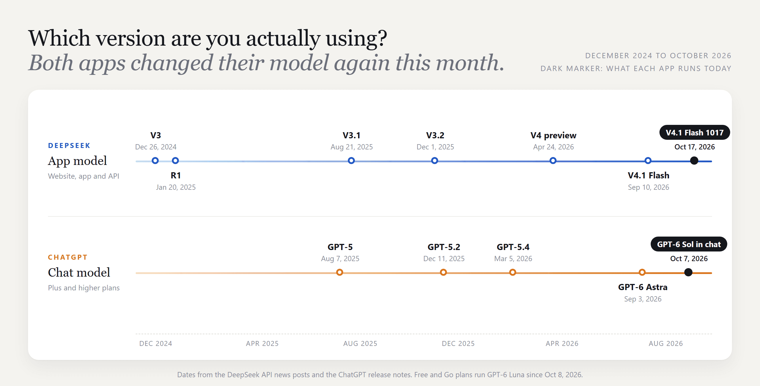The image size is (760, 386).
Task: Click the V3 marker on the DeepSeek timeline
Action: (155, 161)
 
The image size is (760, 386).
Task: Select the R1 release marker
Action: (175, 161)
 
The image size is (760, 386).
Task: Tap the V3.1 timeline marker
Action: (351, 161)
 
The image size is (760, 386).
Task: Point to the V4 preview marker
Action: (553, 161)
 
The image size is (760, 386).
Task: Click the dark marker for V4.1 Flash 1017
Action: (694, 161)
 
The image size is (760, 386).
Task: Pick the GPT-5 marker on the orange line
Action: (340, 272)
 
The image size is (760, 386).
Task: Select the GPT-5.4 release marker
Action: (513, 272)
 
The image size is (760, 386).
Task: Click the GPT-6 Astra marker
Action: (642, 272)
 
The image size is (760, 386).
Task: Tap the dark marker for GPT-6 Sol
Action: (688, 272)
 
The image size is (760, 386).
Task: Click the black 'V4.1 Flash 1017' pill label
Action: (695, 132)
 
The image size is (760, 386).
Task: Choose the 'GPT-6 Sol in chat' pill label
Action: (689, 244)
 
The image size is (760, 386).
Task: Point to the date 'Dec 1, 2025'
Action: (435, 147)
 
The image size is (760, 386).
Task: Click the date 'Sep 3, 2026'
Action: (642, 299)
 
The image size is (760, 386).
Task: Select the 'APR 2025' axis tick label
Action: (262, 344)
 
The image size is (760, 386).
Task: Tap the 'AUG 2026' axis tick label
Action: (666, 344)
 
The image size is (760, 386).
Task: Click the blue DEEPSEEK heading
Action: (69, 146)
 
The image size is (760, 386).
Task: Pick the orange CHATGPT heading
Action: (68, 257)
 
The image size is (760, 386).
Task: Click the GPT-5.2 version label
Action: (444, 247)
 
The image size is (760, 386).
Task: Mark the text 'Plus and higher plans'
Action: (84, 288)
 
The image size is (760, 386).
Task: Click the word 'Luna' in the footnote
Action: (517, 375)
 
